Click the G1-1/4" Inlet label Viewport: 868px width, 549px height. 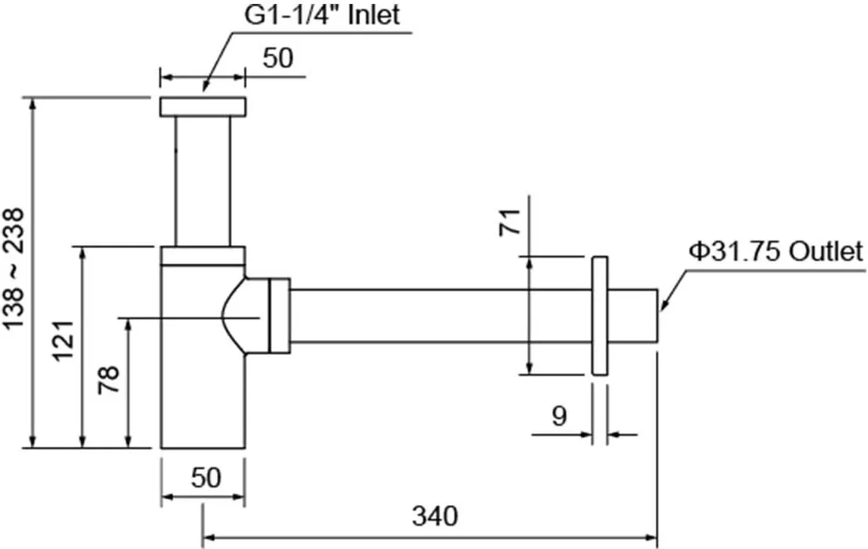(x=322, y=14)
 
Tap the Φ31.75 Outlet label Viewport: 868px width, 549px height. (x=775, y=252)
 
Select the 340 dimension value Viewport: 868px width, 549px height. (x=435, y=516)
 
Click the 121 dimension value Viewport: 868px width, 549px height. (x=63, y=341)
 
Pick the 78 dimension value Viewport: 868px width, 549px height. (x=109, y=379)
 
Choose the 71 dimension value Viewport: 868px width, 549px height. (x=509, y=221)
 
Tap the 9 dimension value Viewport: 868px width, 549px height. (x=560, y=415)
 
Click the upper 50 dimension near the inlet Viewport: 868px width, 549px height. (x=278, y=58)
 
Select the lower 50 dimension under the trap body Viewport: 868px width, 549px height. (x=206, y=477)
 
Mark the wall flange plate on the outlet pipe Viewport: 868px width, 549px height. (x=600, y=316)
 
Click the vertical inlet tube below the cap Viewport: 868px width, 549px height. (x=203, y=181)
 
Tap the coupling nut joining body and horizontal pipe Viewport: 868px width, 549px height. (x=280, y=316)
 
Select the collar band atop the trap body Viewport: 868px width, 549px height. (x=203, y=256)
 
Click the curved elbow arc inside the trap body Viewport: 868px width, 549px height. (x=233, y=316)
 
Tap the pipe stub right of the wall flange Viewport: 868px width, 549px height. (x=633, y=316)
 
